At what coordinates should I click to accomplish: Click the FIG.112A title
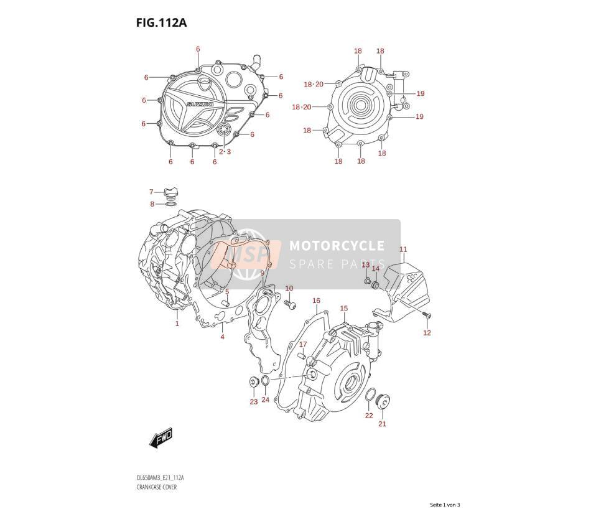coord(162,23)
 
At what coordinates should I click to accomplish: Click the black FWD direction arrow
coord(161,437)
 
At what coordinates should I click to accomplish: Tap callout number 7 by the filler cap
coord(151,192)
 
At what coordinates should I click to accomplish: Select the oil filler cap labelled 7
coord(170,193)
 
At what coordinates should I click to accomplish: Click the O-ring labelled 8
coord(170,205)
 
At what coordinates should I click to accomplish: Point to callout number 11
coord(403,250)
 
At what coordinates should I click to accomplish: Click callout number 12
coord(427,333)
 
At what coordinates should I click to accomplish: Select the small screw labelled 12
coord(427,314)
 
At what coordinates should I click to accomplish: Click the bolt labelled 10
coord(290,304)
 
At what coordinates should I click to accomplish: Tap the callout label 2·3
coord(225,152)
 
